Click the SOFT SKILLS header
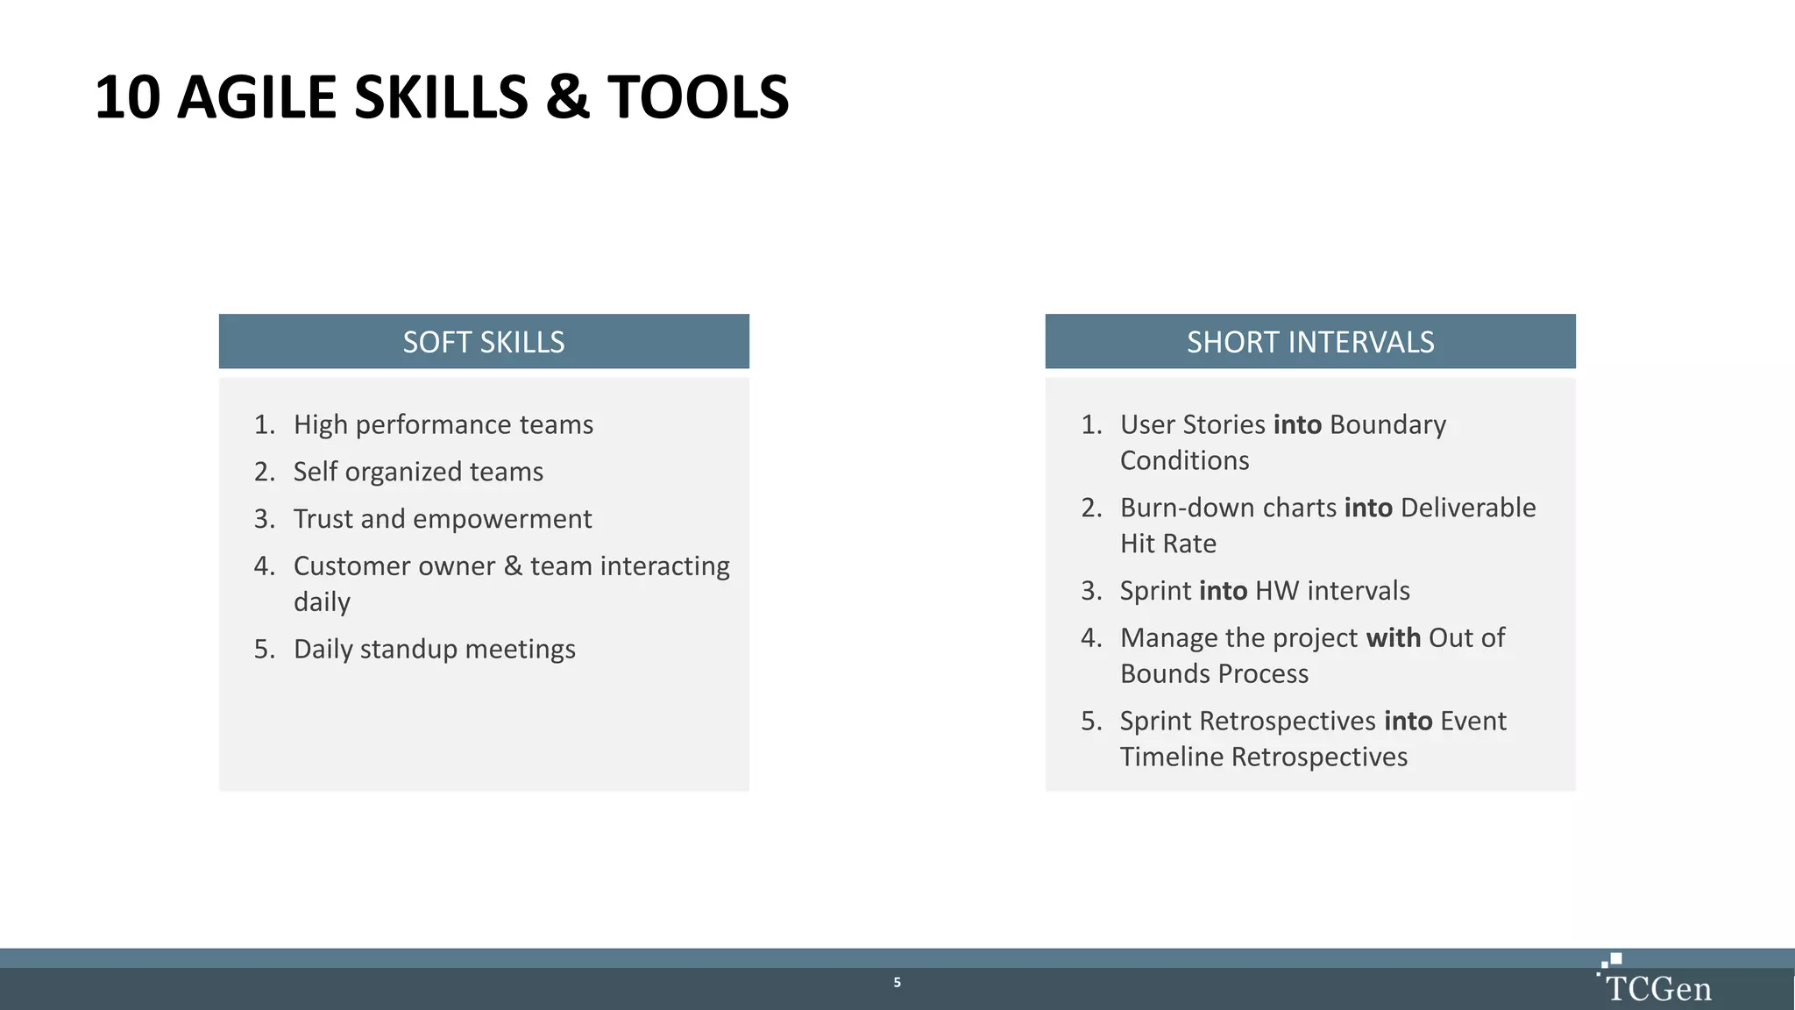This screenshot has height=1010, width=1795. click(483, 342)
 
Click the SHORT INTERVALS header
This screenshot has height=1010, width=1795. click(1309, 342)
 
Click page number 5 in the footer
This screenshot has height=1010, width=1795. click(897, 982)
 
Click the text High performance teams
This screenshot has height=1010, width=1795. click(443, 424)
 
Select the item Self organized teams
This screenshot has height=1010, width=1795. click(418, 472)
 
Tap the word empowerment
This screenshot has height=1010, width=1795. click(502, 519)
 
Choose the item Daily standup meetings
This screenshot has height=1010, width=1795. click(434, 649)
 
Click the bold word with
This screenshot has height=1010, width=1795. click(1393, 637)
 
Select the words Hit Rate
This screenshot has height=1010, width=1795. click(1168, 544)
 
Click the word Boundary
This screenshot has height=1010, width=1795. click(1387, 424)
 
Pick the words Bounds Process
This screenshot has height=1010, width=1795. click(1214, 673)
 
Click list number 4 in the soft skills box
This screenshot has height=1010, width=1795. click(264, 566)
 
